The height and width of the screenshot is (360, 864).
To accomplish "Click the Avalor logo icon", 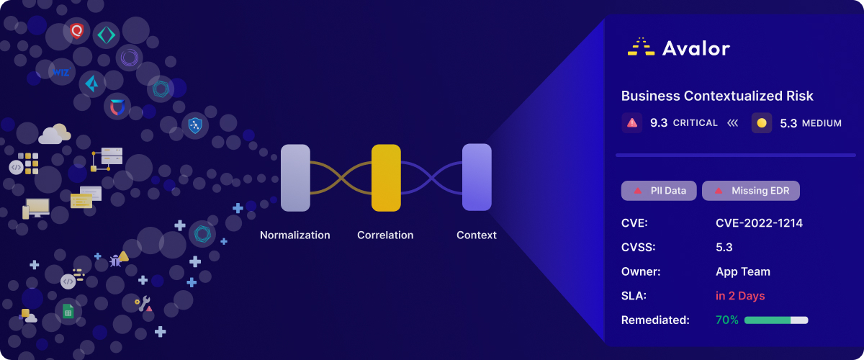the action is [x=641, y=47].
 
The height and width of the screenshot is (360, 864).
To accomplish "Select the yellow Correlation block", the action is [x=386, y=178].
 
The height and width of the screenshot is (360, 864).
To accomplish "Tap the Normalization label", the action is [x=294, y=235].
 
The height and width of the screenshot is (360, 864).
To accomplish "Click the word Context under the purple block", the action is [x=477, y=235].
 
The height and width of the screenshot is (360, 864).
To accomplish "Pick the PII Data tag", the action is [x=659, y=191].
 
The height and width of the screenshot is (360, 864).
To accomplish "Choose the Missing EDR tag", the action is [x=750, y=191].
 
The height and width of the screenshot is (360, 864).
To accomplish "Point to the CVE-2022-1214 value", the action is [x=759, y=223].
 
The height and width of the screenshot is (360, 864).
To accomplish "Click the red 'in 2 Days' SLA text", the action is [x=740, y=296].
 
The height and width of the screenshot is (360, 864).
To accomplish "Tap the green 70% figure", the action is [x=727, y=320].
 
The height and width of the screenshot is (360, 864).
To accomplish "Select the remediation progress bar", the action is [x=776, y=320].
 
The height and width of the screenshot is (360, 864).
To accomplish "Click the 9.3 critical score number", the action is [x=659, y=122].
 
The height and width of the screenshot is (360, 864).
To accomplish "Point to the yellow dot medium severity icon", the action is [x=762, y=123].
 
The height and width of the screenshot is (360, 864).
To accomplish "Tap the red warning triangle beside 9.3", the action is [x=632, y=122].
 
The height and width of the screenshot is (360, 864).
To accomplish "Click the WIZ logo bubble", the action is [x=61, y=72].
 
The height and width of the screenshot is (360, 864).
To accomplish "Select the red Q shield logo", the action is [x=77, y=30].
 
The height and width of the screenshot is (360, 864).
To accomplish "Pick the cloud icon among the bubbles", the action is [x=55, y=134].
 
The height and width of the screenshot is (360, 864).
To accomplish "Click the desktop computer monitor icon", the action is [x=36, y=208].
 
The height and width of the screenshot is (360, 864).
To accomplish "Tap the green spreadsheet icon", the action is [x=68, y=311].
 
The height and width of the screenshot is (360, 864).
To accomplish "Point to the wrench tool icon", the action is [x=143, y=304].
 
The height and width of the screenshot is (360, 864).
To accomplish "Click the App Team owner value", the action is [x=743, y=271].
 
